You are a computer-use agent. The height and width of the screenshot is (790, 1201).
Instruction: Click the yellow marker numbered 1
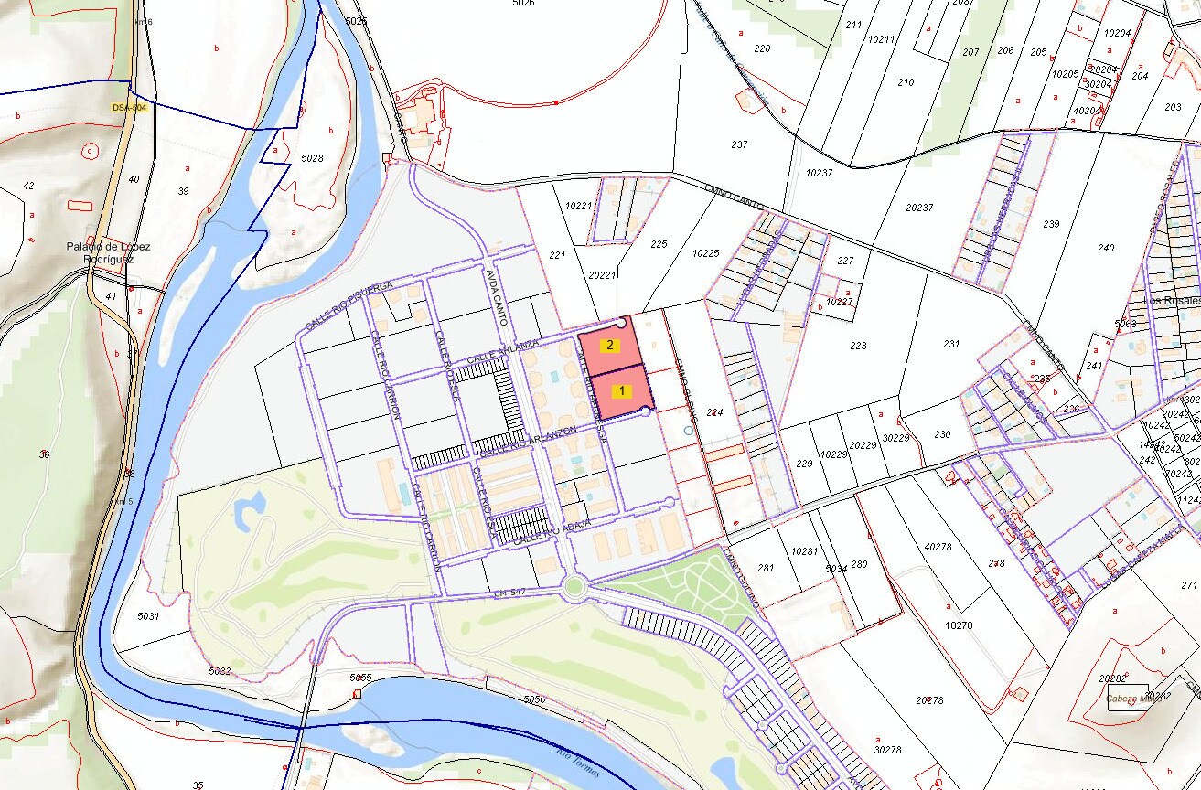point(622,390)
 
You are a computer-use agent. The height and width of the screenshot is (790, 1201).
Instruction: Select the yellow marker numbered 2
point(610,346)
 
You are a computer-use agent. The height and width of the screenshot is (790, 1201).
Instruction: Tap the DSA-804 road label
point(129,107)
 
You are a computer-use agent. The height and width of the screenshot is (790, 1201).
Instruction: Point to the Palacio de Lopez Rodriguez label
point(108,252)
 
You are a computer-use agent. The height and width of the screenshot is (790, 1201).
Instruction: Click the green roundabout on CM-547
point(574,585)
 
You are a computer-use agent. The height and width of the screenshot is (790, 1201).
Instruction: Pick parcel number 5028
point(313,158)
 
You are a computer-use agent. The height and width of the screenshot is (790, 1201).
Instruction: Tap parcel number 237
point(740,144)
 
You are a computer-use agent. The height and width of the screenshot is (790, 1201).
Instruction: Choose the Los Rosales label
point(1170,302)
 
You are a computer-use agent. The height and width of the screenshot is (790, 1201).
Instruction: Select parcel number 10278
point(958,625)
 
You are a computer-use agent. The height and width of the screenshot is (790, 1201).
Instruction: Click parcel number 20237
point(919,208)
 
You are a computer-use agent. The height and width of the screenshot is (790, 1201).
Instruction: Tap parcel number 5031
point(148,617)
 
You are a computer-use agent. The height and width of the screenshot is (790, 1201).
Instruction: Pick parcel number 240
point(1106,248)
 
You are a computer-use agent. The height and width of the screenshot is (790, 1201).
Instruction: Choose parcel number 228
point(857,346)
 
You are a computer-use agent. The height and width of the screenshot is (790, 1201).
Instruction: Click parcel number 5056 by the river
point(534,699)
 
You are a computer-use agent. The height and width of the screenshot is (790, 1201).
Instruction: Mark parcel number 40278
point(938,547)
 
